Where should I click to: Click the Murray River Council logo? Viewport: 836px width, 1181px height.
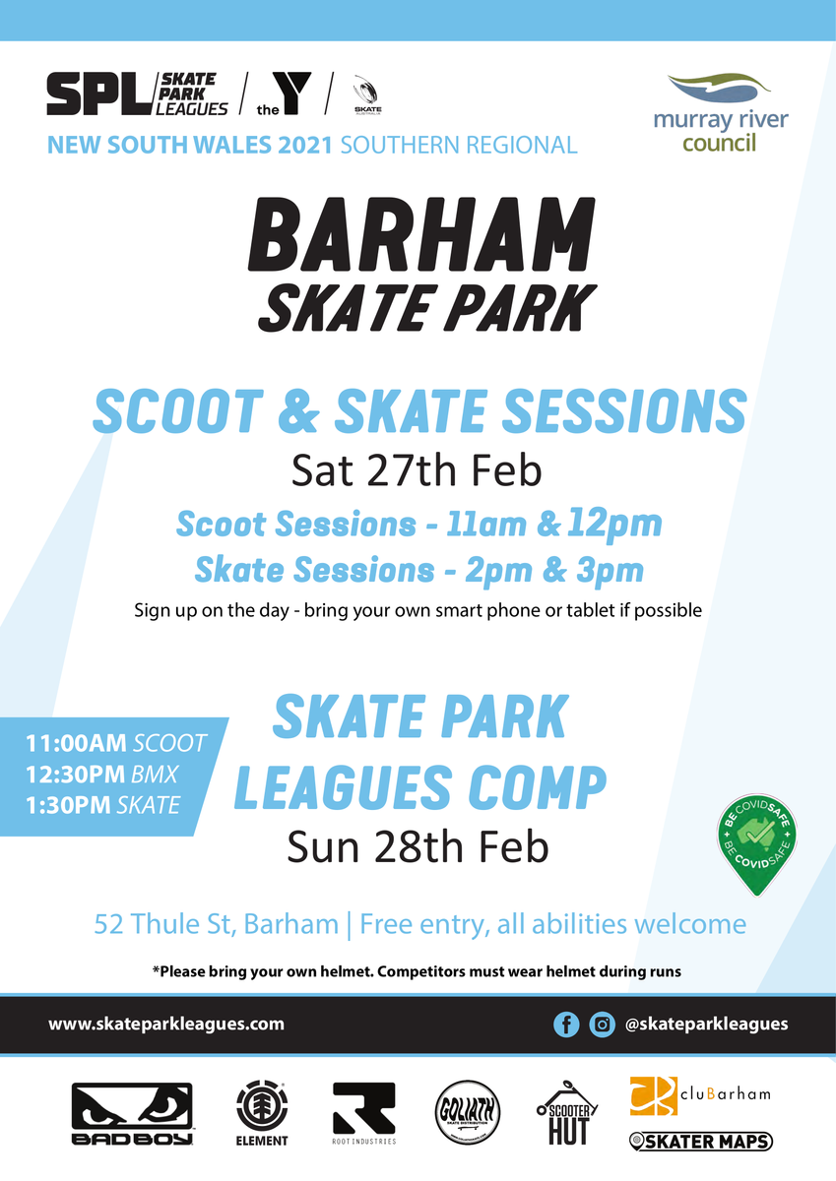coord(721,113)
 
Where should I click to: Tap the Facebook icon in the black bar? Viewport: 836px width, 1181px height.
coord(566,1025)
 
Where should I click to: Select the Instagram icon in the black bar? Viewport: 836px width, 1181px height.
coord(602,1025)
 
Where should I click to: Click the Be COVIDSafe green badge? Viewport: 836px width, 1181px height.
coord(757,844)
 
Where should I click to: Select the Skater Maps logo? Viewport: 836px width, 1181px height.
coord(701,1142)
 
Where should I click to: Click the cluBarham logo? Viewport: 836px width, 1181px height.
coord(700,1095)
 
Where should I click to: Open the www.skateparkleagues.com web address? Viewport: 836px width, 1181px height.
coord(166,1024)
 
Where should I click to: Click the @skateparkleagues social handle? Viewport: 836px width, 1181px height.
coord(706,1024)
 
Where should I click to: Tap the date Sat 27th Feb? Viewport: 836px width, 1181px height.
coord(417,470)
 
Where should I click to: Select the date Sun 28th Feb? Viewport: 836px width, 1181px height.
coord(418,846)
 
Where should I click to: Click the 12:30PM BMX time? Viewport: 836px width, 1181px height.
coord(101,775)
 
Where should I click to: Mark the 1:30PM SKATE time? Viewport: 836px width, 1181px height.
coord(102,805)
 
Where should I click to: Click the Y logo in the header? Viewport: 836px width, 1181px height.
coord(284,93)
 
